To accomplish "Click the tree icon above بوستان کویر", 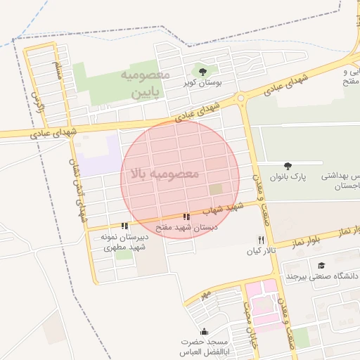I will [203, 71].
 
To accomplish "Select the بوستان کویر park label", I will [203, 83].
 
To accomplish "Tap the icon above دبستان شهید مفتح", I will [186, 217].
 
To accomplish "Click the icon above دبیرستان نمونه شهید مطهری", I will [124, 226].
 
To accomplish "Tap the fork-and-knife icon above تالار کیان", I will [262, 240].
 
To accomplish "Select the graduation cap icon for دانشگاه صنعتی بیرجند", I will [321, 265].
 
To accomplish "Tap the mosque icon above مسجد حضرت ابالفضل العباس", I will [204, 331].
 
